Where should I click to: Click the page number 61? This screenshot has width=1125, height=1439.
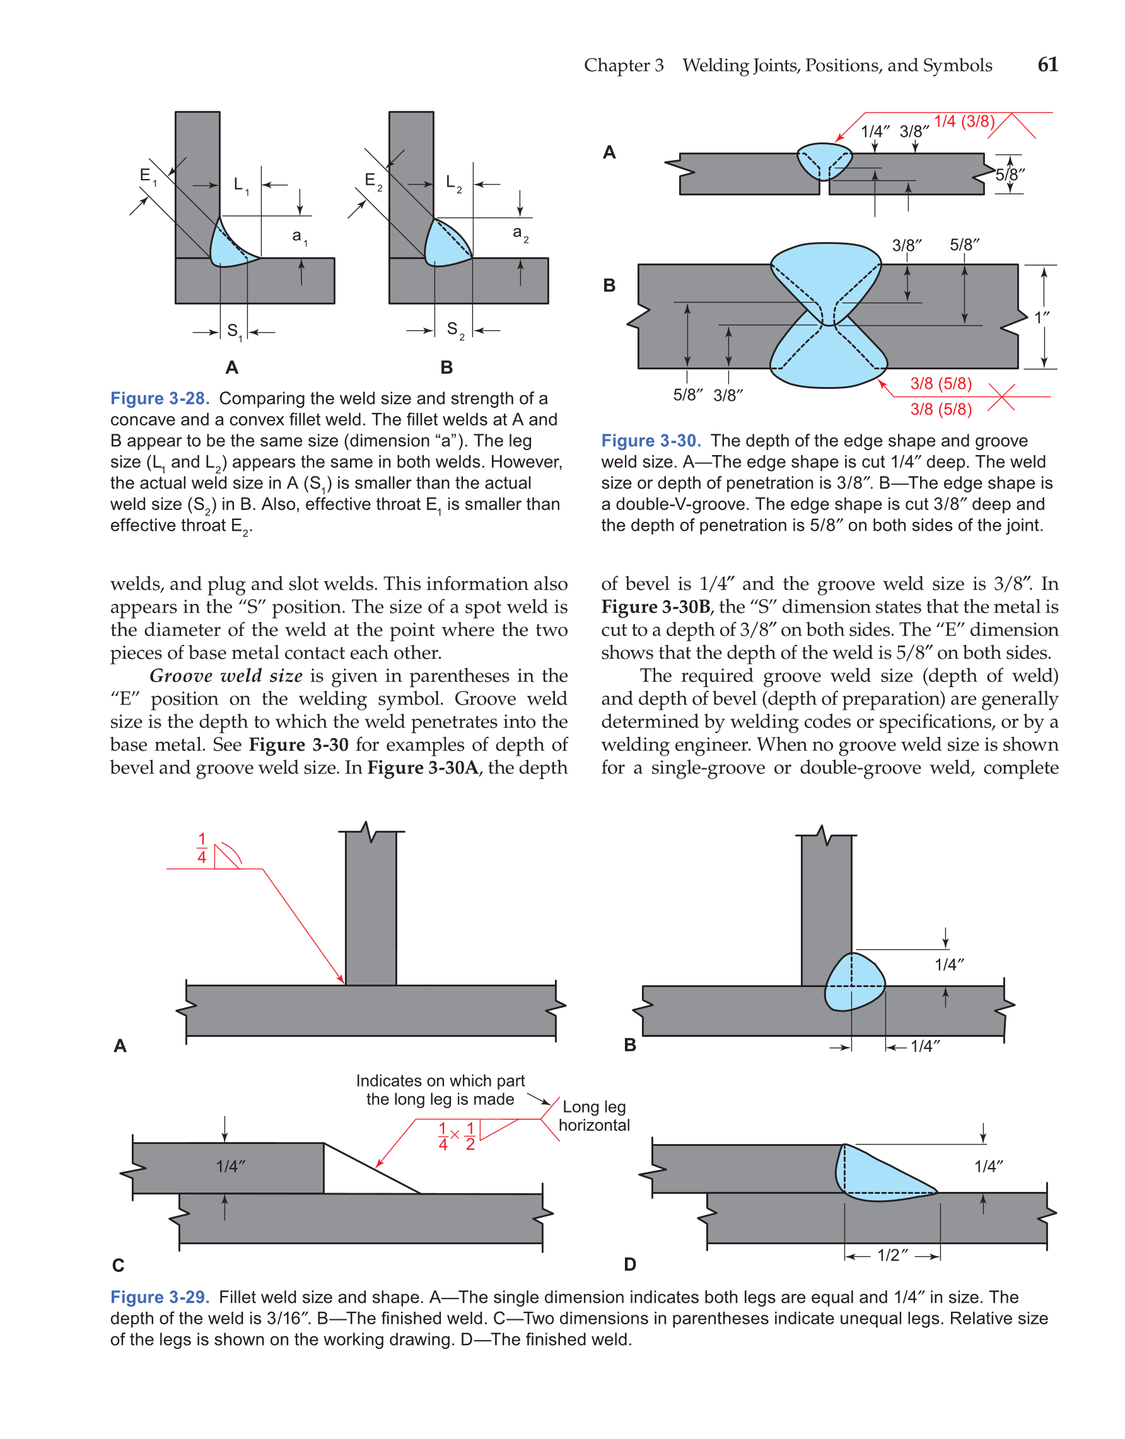coord(1047,64)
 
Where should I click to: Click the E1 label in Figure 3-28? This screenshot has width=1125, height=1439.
coord(148,176)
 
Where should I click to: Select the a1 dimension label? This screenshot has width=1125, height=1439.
coord(299,236)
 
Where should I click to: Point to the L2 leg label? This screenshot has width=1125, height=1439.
coord(453,183)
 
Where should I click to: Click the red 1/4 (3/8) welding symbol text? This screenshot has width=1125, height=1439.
coord(964,121)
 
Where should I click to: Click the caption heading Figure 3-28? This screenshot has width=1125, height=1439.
coord(160,398)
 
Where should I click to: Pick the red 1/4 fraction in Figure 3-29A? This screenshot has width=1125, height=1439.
coord(202,848)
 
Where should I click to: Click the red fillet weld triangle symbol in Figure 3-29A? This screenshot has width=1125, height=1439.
coord(226,857)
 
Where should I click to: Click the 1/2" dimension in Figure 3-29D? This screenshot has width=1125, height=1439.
coord(892,1255)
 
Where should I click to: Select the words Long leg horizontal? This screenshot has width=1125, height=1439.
coord(594,1116)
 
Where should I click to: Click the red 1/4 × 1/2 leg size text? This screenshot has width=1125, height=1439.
coord(456,1136)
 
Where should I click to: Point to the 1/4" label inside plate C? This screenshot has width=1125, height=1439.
coord(231,1166)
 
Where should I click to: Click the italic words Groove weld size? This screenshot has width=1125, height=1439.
coord(226,676)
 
